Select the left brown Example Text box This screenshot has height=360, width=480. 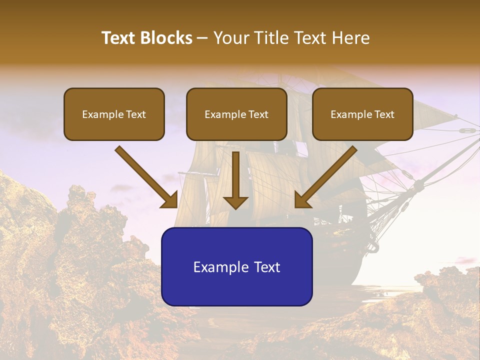click(x=114, y=114)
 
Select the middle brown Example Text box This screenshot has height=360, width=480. click(x=236, y=114)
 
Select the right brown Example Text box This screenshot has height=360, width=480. click(x=362, y=114)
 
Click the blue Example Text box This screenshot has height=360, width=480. click(x=236, y=266)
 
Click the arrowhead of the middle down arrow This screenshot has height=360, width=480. click(x=235, y=202)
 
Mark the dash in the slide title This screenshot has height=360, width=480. click(x=202, y=38)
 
